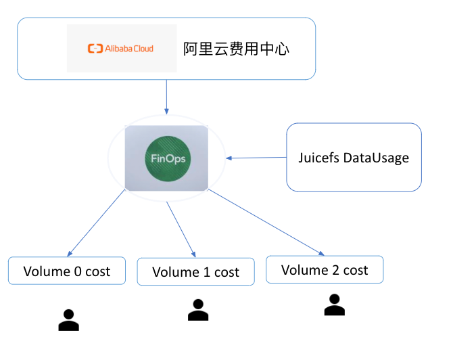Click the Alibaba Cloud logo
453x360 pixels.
pos(121,48)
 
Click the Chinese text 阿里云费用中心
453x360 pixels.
pos(237,49)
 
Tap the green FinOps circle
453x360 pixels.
pos(166,158)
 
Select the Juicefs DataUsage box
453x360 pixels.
pos(354,157)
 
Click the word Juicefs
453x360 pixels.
pos(319,158)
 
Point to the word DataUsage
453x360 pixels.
pos(376,158)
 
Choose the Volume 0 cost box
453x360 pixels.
pos(67,271)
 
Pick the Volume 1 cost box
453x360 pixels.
pos(196,272)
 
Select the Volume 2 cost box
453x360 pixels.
pos(325,269)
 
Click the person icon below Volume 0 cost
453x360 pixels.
pos(68,320)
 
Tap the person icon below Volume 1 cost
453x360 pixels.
pos(197,310)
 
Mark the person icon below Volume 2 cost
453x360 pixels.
pos(334,305)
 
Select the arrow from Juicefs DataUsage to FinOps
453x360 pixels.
pos(257,158)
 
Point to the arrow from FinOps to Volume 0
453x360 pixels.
pos(97,223)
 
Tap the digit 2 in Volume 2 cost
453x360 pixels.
pos(336,270)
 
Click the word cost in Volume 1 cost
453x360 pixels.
pos(226,273)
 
